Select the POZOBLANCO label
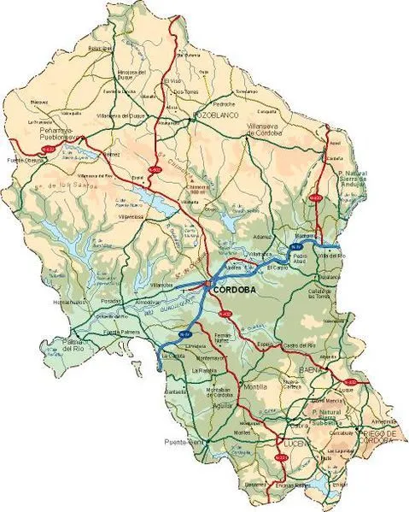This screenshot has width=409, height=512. (214, 112)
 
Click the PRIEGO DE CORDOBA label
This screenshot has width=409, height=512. (377, 438)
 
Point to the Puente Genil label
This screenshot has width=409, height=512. (182, 442)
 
